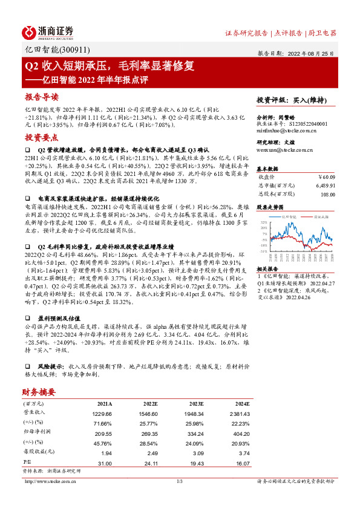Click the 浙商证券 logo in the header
[48, 31]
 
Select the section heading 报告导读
[42, 97]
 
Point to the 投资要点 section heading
[42, 137]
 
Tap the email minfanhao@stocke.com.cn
[283, 130]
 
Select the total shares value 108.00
[327, 195]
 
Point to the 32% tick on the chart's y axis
[263, 222]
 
